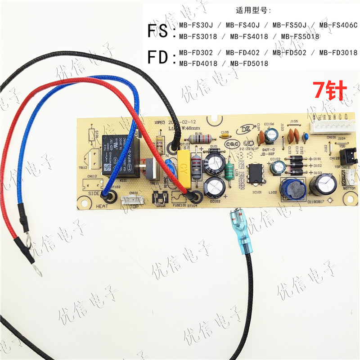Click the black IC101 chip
coord(255,172)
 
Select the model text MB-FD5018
coord(249,63)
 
